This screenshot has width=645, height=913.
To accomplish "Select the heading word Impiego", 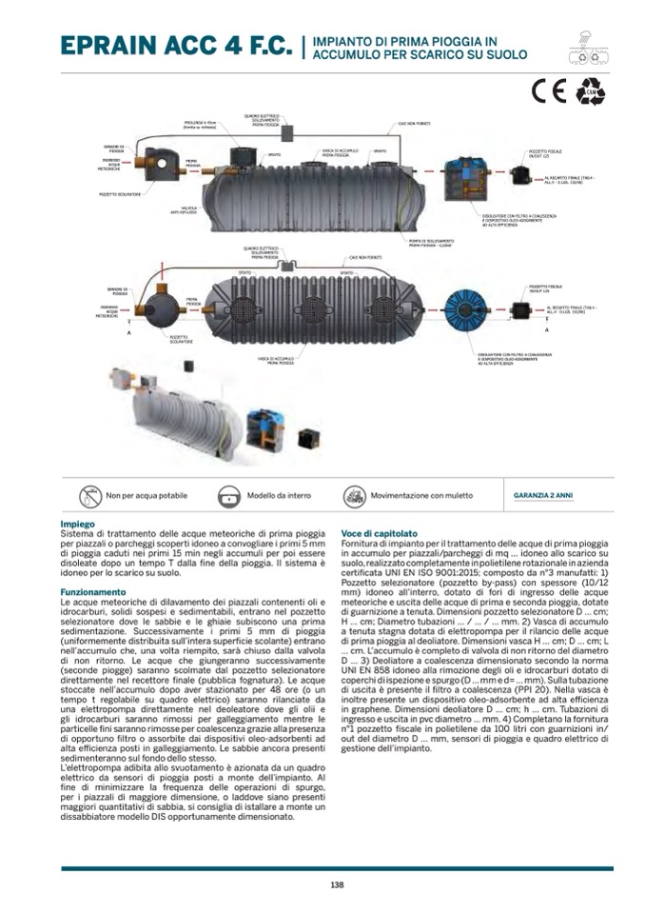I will pyautogui.click(x=77, y=525).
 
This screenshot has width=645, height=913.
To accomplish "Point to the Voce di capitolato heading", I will pyautogui.click(x=379, y=533).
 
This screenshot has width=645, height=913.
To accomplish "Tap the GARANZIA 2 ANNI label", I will pyautogui.click(x=542, y=496).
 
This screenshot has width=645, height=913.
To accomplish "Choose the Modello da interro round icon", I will pyautogui.click(x=228, y=496).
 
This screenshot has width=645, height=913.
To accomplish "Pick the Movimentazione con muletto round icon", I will pyautogui.click(x=354, y=496).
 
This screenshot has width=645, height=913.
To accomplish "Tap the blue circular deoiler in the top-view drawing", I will pyautogui.click(x=472, y=308).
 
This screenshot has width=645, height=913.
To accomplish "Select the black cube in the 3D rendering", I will pyautogui.click(x=307, y=436).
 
